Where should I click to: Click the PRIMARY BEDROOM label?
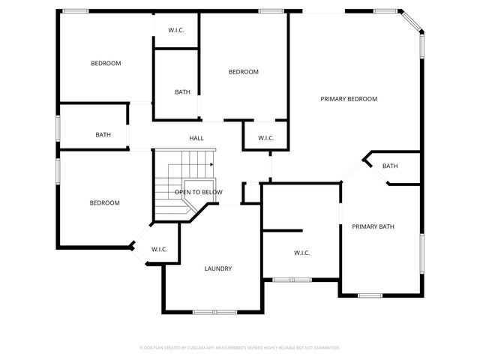click(349, 99)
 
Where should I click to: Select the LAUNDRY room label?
click(218, 268)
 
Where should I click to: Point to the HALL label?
click(196, 138)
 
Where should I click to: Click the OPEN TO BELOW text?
click(199, 193)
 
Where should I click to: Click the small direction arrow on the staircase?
click(212, 164)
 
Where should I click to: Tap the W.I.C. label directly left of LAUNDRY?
click(159, 249)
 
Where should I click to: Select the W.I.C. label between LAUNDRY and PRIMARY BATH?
click(302, 253)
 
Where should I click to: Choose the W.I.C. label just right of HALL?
click(266, 138)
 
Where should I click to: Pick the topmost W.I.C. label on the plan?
click(176, 30)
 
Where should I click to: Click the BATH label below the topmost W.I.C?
click(182, 92)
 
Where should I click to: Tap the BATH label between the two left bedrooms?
click(103, 135)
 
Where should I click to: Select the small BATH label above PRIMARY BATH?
click(390, 166)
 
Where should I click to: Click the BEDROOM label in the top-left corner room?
click(106, 64)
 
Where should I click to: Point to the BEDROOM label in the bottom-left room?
click(104, 202)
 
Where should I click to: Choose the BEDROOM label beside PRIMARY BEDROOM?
click(244, 72)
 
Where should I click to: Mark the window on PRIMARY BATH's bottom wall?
click(370, 295)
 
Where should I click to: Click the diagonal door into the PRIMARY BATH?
click(352, 171)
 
